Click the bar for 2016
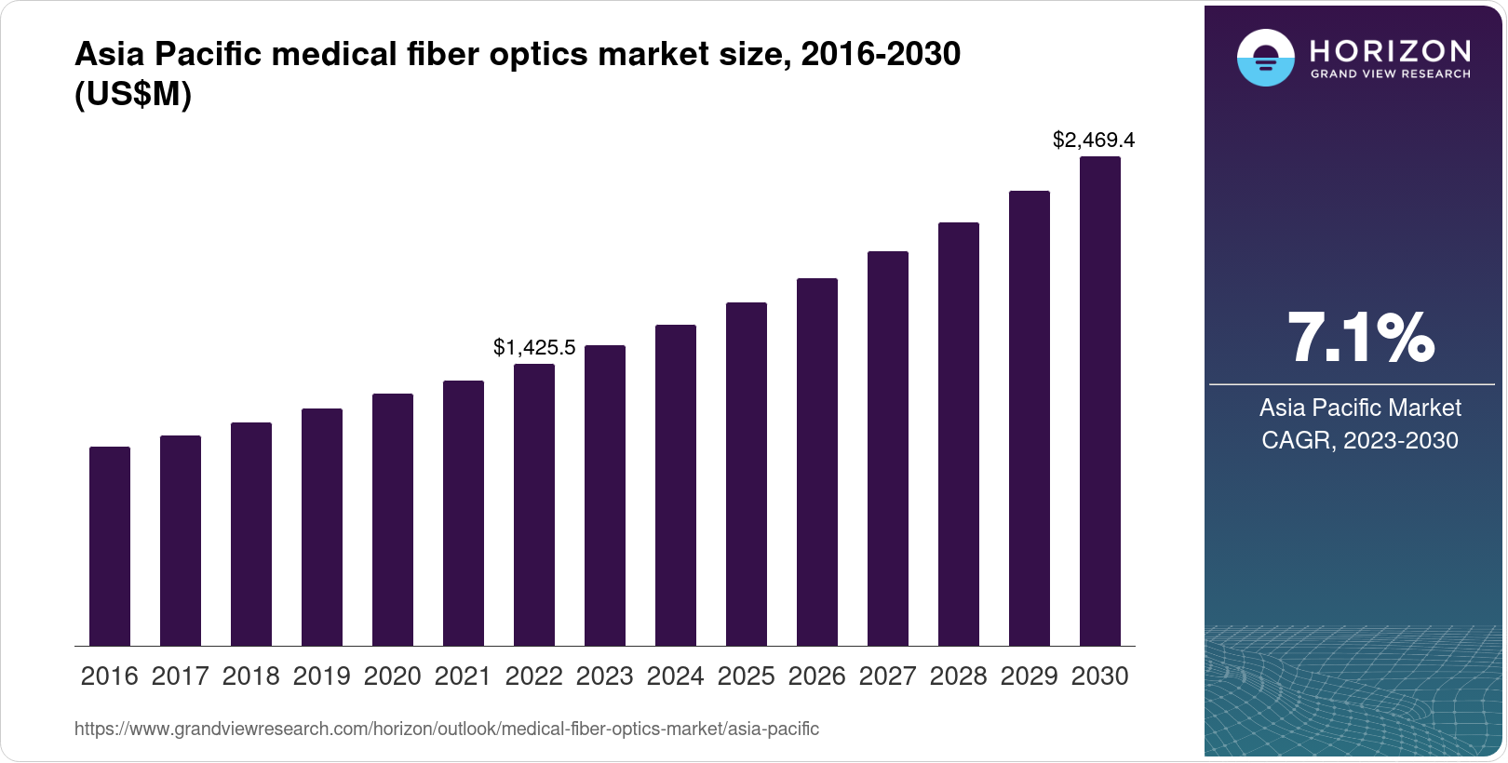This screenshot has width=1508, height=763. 110,546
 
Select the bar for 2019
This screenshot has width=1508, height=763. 322,527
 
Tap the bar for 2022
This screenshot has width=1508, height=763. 534,504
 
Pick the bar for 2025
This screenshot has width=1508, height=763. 747,474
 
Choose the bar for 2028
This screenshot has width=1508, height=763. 959,434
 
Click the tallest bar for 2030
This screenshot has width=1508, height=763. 1100,401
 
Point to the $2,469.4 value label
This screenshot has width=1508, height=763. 1094,141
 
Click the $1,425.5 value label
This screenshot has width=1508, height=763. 534,348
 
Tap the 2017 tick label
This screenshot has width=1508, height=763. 181,676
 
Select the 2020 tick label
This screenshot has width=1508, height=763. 393,676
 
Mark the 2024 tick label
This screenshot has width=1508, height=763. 676,676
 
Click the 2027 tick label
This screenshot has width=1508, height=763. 888,676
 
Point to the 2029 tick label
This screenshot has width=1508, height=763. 1030,676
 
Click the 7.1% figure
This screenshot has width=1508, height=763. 1360,339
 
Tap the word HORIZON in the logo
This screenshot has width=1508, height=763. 1391,50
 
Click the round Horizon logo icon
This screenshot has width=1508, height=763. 1265,59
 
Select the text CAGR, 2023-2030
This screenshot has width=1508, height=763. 1360,440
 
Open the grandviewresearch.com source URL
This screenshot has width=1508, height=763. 447,729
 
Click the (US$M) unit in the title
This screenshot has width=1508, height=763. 132,95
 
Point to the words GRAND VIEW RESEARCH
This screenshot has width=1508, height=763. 1391,74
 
